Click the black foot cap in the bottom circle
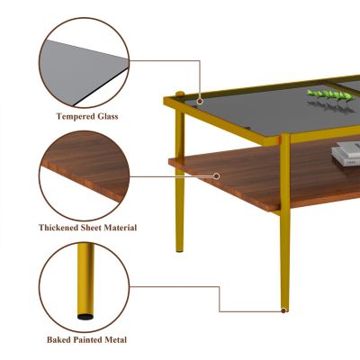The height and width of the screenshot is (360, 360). coord(85,316)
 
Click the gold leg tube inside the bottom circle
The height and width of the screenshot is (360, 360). coord(85,279)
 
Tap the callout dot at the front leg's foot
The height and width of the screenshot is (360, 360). coord(283,310)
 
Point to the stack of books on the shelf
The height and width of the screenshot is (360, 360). coord(346,155)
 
